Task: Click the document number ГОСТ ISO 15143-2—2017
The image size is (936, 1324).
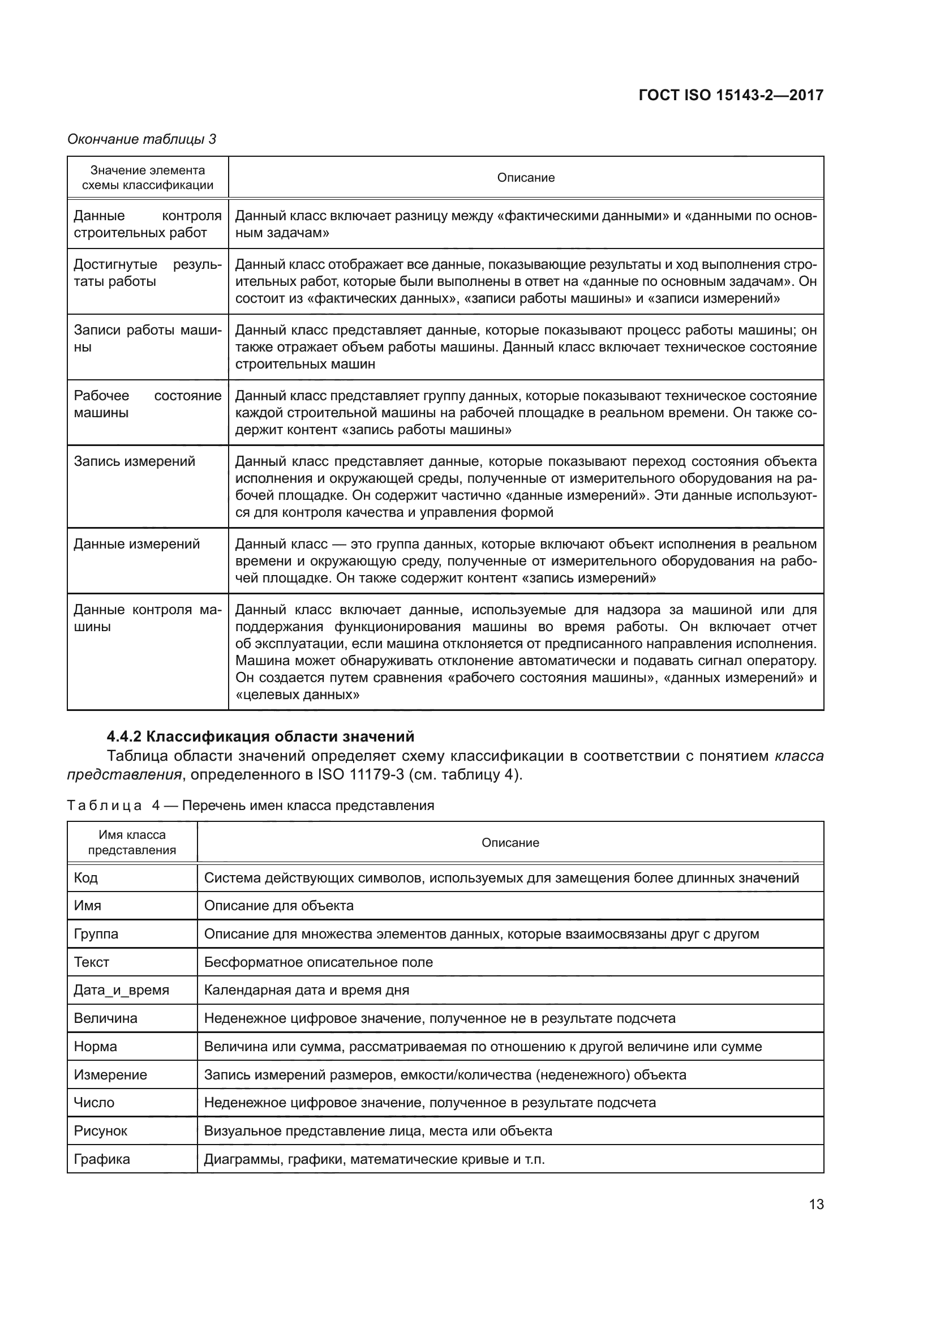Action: click(x=731, y=95)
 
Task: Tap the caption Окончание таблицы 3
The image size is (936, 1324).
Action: click(x=142, y=139)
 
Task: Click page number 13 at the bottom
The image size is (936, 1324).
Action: click(x=816, y=1204)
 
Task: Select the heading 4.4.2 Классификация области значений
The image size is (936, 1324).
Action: click(x=260, y=736)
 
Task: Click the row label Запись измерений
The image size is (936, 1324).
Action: click(x=134, y=461)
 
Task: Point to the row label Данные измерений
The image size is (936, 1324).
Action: click(x=136, y=544)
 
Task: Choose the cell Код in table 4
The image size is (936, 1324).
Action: click(x=86, y=878)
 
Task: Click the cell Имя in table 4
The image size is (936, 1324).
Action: click(x=88, y=905)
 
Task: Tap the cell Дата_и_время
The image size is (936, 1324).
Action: click(x=122, y=990)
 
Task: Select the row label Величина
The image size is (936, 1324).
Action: click(x=105, y=1018)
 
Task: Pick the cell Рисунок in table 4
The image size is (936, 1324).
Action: click(x=100, y=1130)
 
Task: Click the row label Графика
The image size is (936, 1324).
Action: click(x=102, y=1159)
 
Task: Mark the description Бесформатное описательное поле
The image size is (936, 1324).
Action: click(x=318, y=962)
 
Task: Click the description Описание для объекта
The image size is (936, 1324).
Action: click(x=279, y=905)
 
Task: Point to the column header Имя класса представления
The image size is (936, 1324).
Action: click(x=132, y=842)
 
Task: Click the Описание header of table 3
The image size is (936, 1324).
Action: click(x=526, y=178)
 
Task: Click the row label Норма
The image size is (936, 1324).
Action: click(x=95, y=1046)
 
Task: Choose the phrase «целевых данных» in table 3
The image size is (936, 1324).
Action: click(x=298, y=695)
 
